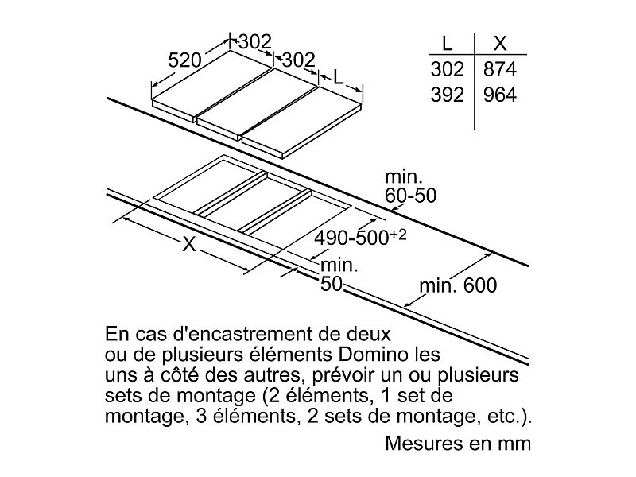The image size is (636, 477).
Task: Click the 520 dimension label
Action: pyautogui.click(x=184, y=60)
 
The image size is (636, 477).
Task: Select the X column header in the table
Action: pyautogui.click(x=499, y=43)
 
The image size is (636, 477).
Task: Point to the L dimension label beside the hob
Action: pyautogui.click(x=338, y=77)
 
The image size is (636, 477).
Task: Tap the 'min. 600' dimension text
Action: pyautogui.click(x=460, y=285)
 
